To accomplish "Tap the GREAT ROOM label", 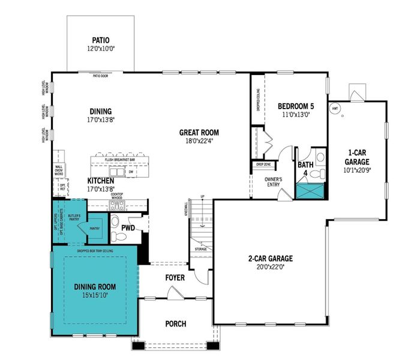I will coord(199,133).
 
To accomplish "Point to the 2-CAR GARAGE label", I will coord(271,259).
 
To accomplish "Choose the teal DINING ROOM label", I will coord(95,287).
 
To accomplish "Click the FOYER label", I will coord(175,278).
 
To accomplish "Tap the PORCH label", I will coord(176,324).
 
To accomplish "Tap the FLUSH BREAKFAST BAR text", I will coord(119,160).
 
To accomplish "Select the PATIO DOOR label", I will coord(100,76).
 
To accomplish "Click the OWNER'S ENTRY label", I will coord(274,182).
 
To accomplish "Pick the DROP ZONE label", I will coord(262,163).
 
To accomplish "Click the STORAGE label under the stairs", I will coord(200,249).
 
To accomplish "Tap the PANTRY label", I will coord(95,229).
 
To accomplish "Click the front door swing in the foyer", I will coord(175,293).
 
